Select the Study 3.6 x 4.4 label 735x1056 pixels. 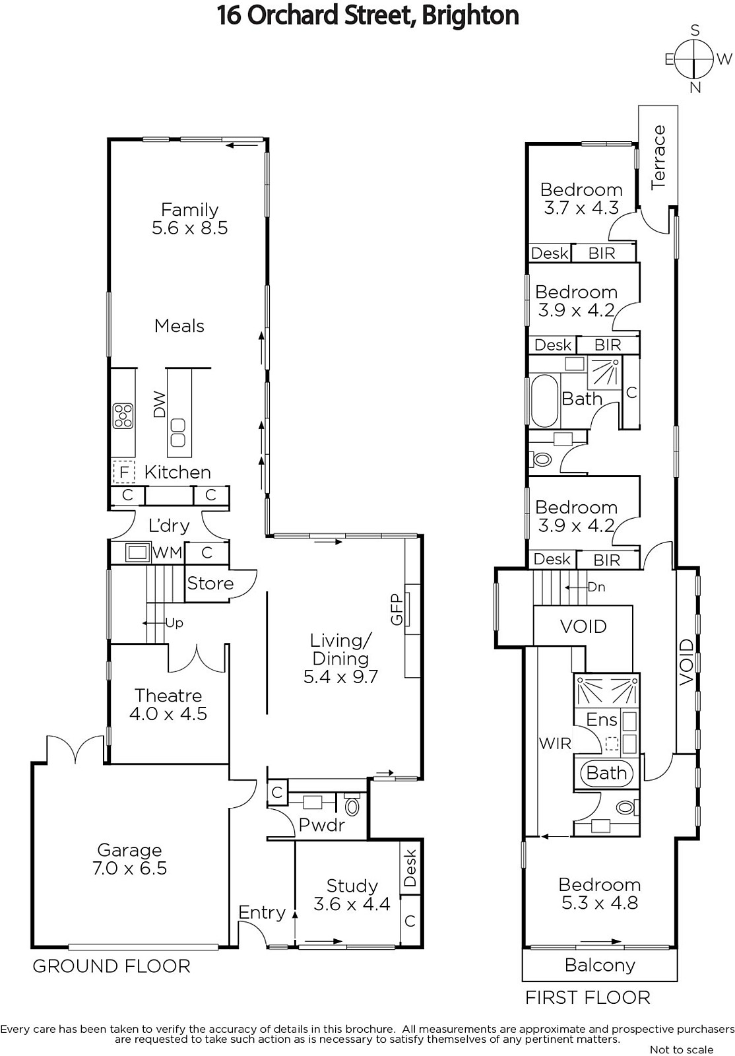click(x=352, y=895)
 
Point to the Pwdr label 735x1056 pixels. click(x=322, y=824)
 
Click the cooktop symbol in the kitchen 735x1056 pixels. click(x=123, y=416)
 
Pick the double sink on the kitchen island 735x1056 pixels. click(x=178, y=432)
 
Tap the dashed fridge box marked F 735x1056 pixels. click(x=124, y=471)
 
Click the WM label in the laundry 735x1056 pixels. click(x=168, y=552)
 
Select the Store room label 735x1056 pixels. click(x=210, y=583)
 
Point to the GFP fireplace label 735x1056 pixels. click(x=397, y=609)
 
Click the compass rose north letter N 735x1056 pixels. click(x=695, y=88)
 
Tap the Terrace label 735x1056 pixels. click(x=658, y=158)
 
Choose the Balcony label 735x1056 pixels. click(x=600, y=965)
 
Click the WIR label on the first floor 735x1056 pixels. click(x=555, y=743)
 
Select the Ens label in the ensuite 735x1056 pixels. click(x=602, y=720)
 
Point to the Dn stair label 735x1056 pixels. click(x=596, y=587)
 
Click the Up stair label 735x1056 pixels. click(x=174, y=623)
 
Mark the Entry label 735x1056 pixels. click(x=262, y=913)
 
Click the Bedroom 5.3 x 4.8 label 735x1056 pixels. click(x=599, y=894)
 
